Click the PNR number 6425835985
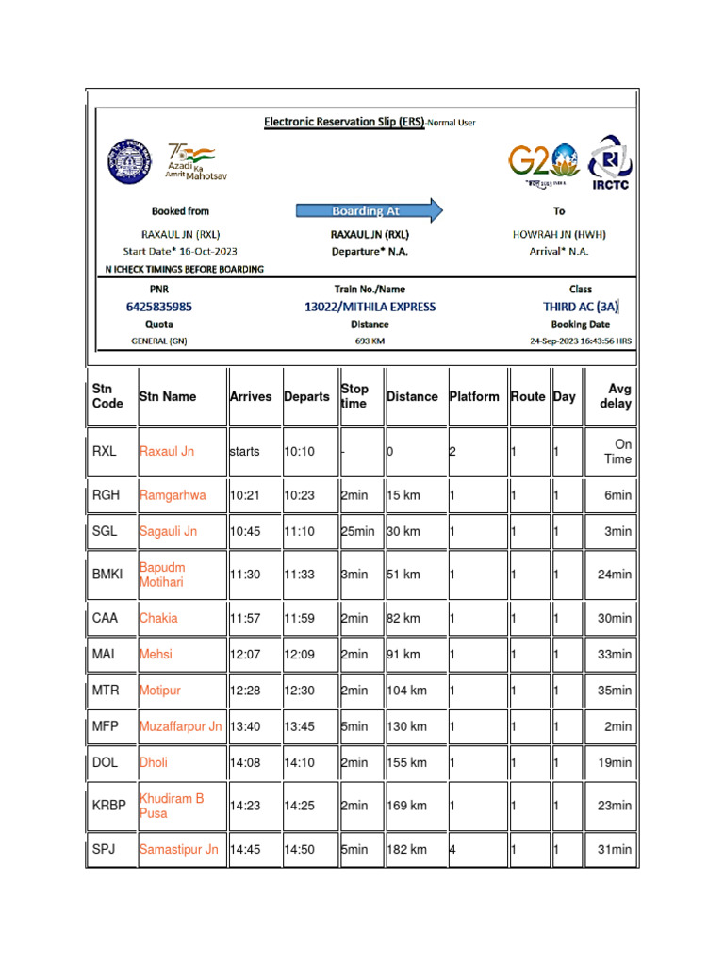159,307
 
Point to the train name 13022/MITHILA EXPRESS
370,307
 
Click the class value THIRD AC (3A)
581,307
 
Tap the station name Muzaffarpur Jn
180,726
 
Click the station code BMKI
107,575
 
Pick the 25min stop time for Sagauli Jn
357,531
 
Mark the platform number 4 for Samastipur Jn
452,849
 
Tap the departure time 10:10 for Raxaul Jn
299,452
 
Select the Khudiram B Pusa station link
172,806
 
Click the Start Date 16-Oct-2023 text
180,251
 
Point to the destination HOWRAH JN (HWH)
559,234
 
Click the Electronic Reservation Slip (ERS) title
343,122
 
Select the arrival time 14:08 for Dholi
245,762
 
